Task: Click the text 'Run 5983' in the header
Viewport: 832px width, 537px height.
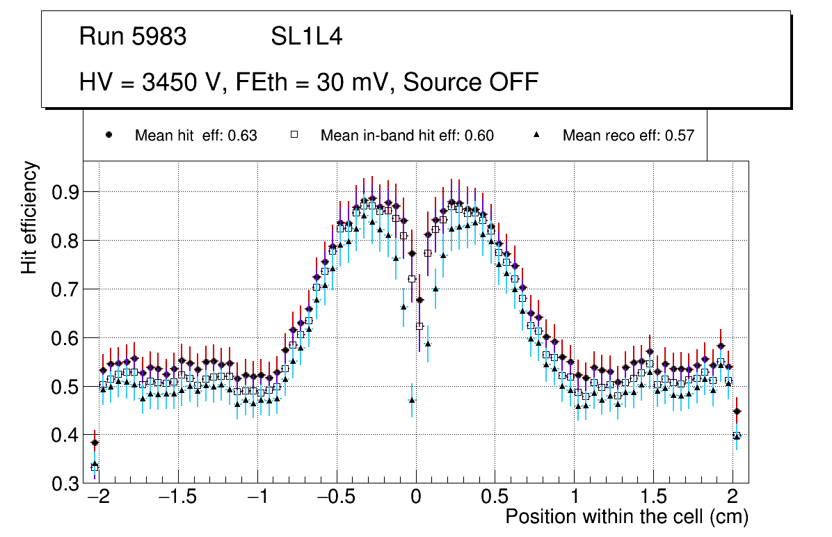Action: pyautogui.click(x=133, y=37)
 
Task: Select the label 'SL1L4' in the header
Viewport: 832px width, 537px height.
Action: pyautogui.click(x=306, y=37)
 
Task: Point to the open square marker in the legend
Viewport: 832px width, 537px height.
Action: pyautogui.click(x=294, y=135)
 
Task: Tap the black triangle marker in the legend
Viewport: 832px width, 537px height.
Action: pyautogui.click(x=536, y=135)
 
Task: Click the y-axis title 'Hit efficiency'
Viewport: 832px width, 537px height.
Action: pyautogui.click(x=30, y=218)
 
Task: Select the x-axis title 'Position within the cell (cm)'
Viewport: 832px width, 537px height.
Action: pyautogui.click(x=627, y=517)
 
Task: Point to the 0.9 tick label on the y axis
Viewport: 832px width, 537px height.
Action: pyautogui.click(x=65, y=192)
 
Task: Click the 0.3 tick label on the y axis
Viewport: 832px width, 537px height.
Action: pyautogui.click(x=65, y=484)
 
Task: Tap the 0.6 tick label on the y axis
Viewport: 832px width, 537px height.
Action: pyautogui.click(x=65, y=338)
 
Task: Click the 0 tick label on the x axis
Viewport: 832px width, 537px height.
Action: pyautogui.click(x=415, y=498)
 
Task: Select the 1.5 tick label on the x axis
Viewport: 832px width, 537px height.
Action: pyautogui.click(x=654, y=498)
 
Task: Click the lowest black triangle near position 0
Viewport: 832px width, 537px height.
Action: pyautogui.click(x=412, y=400)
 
